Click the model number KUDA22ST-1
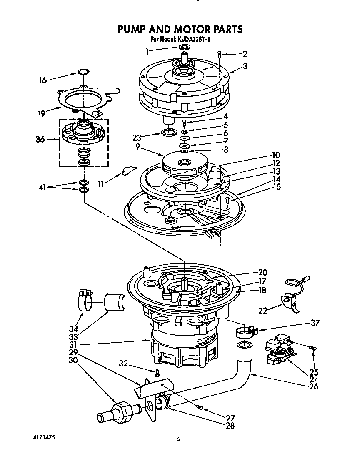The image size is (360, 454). pos(192,40)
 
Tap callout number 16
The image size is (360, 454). pos(43,80)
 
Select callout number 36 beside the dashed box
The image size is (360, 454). pos(40,140)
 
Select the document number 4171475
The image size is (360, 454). pos(44,437)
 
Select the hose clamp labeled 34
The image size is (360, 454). pos(85,300)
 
